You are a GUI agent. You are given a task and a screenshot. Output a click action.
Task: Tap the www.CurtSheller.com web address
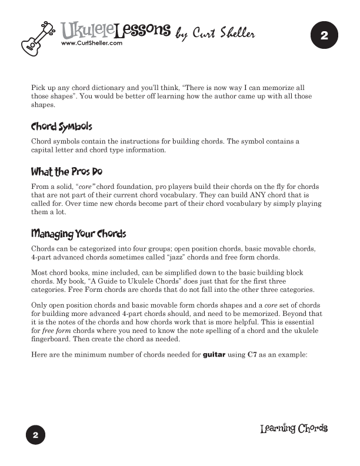point(91,43)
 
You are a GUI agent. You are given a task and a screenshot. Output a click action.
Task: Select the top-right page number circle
point(324,36)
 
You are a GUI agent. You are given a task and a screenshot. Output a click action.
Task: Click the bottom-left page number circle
point(35,435)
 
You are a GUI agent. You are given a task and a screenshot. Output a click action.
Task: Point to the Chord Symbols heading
point(62,127)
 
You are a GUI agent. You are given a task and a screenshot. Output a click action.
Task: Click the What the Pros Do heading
point(67,172)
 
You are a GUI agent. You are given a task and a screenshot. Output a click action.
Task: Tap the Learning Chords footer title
point(294,428)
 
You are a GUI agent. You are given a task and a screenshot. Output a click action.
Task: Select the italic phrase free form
point(54,332)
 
